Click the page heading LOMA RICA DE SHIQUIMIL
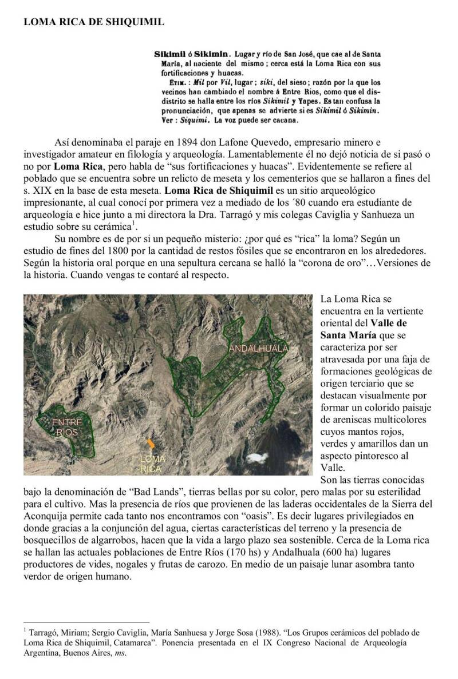(94, 22)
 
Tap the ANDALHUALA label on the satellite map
(259, 349)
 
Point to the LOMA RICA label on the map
(152, 464)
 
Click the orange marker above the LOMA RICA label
(151, 444)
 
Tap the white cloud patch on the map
(258, 457)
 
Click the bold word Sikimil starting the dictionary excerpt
(168, 54)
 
